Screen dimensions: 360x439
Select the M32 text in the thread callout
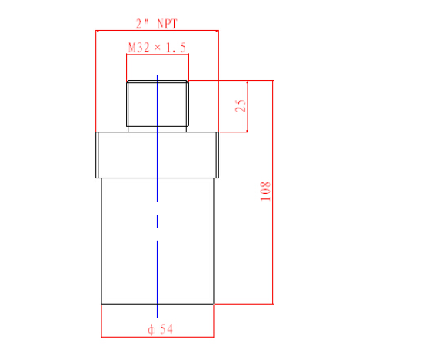tap(138, 48)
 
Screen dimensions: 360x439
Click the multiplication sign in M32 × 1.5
tap(158, 48)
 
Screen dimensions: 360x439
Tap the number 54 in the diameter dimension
tap(166, 329)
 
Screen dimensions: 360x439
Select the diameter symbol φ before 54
tap(151, 329)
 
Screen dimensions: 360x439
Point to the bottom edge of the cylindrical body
tap(131, 304)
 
